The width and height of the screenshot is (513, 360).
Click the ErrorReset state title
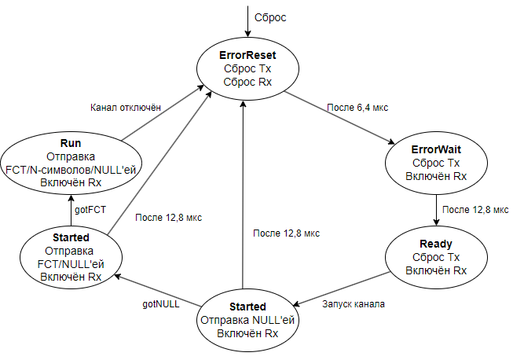tap(247, 56)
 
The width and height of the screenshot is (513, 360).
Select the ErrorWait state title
tap(436, 149)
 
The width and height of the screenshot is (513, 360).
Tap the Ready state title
tap(436, 244)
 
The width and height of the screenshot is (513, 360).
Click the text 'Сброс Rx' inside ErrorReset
tap(247, 82)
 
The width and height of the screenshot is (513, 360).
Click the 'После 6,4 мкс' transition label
tap(357, 106)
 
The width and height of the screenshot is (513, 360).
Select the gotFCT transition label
tap(90, 211)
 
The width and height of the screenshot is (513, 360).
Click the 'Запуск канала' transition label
tap(354, 303)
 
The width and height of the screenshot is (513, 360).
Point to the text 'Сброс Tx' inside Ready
tap(436, 257)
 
